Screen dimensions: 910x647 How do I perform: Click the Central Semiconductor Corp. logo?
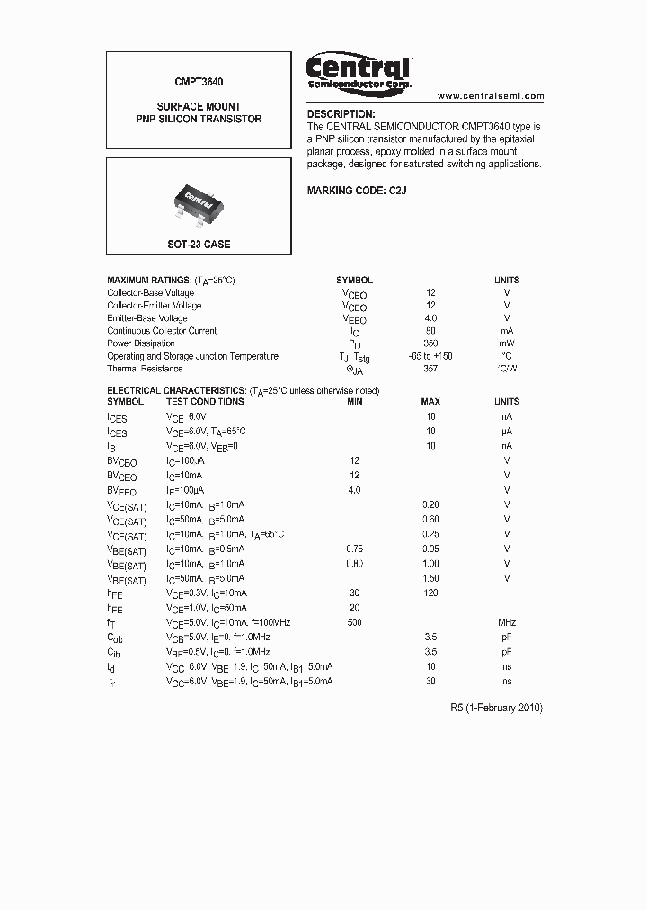coord(359,72)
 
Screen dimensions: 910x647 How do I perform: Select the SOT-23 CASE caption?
coord(199,245)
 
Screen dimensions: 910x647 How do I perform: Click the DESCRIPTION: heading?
coord(341,114)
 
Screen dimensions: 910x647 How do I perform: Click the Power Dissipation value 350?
coord(430,343)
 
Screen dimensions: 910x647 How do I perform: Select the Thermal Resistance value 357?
coord(430,369)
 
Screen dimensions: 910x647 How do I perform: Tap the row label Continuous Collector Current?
coord(163,331)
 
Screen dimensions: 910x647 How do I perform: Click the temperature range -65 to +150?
coord(430,356)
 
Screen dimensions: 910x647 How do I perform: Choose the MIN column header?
coord(354,402)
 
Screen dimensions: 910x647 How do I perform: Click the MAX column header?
coord(430,402)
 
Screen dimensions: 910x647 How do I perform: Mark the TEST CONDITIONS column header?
coord(205,402)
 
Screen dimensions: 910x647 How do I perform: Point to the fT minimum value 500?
coord(354,622)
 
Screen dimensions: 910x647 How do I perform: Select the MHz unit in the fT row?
coord(507,622)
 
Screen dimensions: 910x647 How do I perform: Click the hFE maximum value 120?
coord(430,593)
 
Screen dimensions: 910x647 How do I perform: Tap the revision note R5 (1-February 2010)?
coord(496,708)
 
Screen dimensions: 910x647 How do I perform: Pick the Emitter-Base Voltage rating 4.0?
coord(430,318)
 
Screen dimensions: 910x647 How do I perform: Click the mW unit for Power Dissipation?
coord(507,343)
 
